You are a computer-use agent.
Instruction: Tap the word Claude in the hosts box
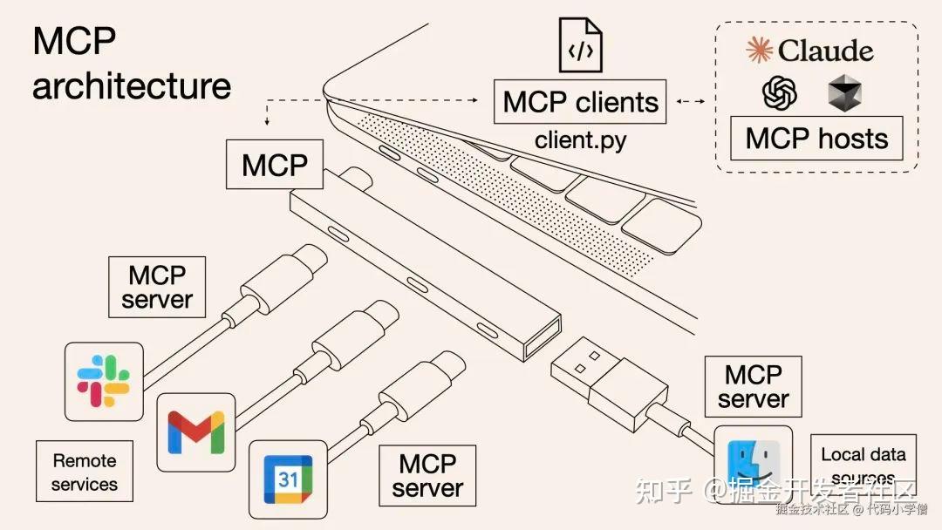pyautogui.click(x=824, y=51)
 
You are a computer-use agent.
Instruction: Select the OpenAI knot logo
pyautogui.click(x=779, y=92)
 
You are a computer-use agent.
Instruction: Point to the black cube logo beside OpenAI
pyautogui.click(x=844, y=92)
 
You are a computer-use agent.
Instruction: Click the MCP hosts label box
pyautogui.click(x=816, y=139)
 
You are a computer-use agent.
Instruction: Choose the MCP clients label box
pyautogui.click(x=581, y=102)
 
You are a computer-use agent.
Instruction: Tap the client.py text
pyautogui.click(x=581, y=139)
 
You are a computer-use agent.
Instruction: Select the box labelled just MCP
pyautogui.click(x=275, y=164)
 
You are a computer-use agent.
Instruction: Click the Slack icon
pyautogui.click(x=104, y=382)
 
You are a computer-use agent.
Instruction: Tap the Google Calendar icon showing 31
pyautogui.click(x=289, y=479)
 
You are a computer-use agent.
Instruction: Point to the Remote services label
pyautogui.click(x=84, y=472)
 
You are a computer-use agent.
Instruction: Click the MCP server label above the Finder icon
pyautogui.click(x=753, y=387)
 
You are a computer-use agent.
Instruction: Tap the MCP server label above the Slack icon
pyautogui.click(x=157, y=287)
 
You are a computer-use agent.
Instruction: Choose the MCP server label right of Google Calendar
pyautogui.click(x=427, y=475)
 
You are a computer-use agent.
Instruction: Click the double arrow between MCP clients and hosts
pyautogui.click(x=691, y=102)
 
